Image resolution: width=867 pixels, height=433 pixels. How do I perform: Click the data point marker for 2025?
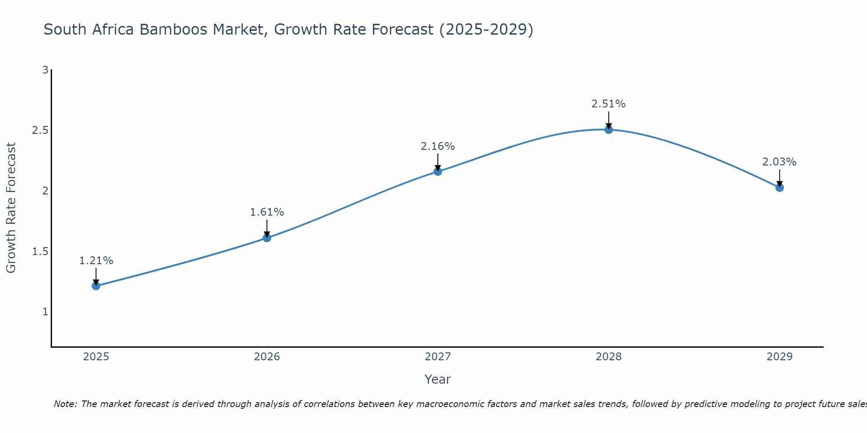pos(96,286)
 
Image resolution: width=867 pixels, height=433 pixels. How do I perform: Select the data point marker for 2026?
pos(267,238)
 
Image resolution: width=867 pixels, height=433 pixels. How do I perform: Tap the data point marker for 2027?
pos(438,171)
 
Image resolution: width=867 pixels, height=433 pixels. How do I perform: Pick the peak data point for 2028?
pos(609,129)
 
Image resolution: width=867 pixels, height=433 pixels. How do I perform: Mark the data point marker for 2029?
pos(779,187)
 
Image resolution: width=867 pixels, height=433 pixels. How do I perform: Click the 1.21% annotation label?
pos(96,261)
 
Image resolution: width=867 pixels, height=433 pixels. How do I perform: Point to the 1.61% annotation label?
pos(267,212)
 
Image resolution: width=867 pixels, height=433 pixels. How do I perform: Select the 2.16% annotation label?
pos(438,146)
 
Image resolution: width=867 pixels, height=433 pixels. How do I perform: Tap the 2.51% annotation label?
pos(609,104)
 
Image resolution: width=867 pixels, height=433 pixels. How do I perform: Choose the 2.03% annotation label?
pos(779,162)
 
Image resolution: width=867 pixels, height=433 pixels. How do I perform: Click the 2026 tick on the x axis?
pos(267,357)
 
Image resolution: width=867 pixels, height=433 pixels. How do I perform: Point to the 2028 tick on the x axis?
pos(609,357)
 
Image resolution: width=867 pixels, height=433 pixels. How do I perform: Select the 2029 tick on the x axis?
pos(779,357)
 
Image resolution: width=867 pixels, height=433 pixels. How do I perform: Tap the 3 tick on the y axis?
pos(45,70)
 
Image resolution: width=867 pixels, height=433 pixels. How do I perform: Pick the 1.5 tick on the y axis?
pos(40,252)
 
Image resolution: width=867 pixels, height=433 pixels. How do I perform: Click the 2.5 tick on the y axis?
pos(40,130)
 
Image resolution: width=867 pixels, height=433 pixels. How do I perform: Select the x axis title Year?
pos(438,379)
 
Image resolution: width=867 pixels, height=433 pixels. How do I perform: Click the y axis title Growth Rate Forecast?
pos(11,208)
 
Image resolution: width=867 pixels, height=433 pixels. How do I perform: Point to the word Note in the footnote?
pos(65,404)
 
